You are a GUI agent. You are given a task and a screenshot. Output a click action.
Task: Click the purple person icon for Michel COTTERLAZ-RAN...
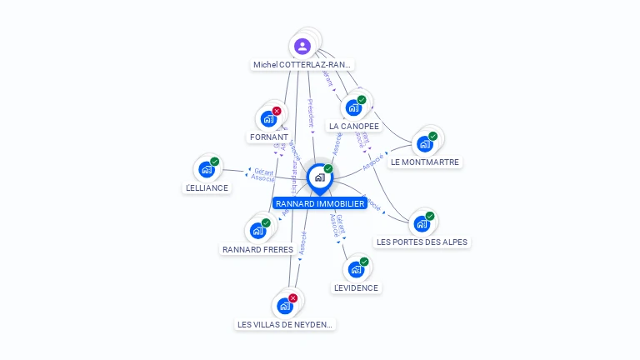click(302, 46)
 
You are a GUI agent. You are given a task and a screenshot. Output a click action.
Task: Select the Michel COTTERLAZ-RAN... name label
click(302, 65)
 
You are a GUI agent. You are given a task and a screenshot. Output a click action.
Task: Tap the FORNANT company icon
click(268, 118)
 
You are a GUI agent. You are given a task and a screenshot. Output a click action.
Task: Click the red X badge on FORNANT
click(277, 111)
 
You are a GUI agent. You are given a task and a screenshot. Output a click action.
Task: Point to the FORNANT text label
click(268, 137)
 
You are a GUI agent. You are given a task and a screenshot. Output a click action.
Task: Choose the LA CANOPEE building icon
click(353, 107)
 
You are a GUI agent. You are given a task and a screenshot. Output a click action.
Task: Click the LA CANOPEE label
click(353, 127)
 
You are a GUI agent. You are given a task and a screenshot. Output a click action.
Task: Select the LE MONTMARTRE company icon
click(425, 143)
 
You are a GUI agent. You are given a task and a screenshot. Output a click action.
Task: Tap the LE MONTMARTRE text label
click(425, 162)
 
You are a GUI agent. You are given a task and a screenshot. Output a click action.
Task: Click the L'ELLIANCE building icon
click(207, 169)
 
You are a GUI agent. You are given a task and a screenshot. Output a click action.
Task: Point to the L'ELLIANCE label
click(207, 188)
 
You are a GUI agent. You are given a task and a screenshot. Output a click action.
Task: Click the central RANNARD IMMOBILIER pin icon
click(319, 177)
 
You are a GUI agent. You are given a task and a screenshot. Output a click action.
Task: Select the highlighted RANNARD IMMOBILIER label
click(320, 203)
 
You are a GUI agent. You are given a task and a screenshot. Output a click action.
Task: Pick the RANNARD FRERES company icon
click(257, 231)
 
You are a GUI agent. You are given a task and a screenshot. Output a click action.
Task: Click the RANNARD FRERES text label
click(257, 249)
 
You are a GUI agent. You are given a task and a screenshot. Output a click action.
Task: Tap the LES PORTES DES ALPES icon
click(422, 223)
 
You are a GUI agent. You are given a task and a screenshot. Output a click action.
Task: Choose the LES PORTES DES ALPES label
click(422, 242)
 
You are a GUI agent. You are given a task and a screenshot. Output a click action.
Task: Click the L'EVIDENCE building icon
click(356, 269)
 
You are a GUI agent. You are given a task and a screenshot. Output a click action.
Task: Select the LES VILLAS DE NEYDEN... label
click(286, 324)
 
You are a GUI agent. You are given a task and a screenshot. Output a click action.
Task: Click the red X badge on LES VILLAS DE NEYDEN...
click(292, 298)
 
